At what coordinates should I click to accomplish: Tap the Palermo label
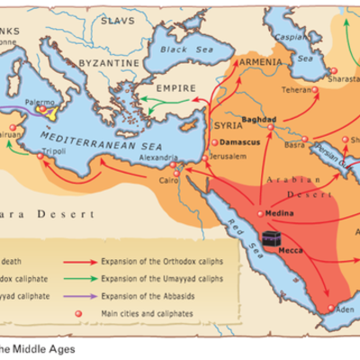click(40, 103)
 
